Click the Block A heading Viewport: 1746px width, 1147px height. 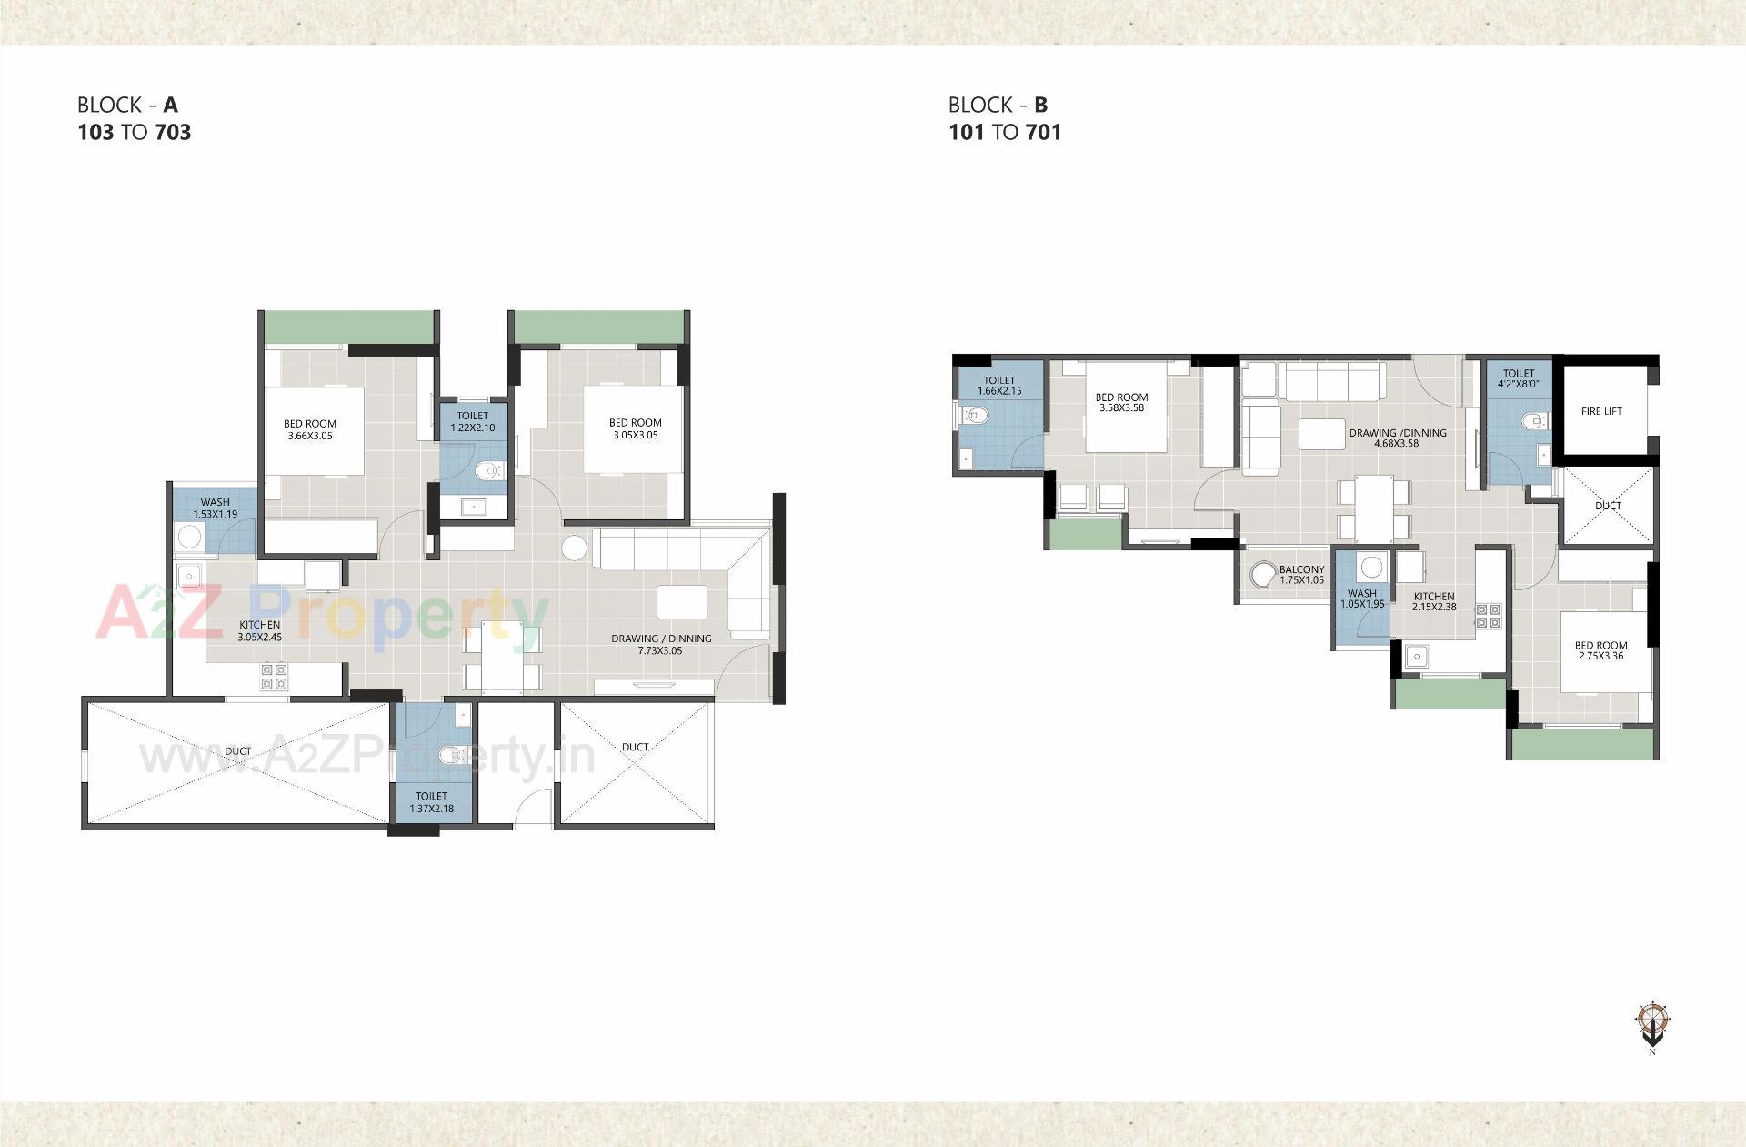tap(134, 119)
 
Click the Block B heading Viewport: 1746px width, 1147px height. tap(1004, 119)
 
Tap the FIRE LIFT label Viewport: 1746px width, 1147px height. tap(1600, 411)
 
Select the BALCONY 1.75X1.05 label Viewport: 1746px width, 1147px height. tap(1301, 575)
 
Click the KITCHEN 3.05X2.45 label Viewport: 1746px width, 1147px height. tap(260, 631)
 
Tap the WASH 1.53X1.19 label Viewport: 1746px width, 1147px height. tap(216, 508)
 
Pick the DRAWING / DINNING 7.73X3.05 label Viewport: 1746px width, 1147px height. tap(660, 644)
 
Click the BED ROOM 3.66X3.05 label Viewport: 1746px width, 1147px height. tap(310, 429)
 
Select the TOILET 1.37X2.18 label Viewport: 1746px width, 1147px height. tap(431, 802)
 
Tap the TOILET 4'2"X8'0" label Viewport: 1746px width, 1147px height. tap(1518, 378)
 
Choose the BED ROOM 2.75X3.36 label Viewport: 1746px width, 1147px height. tap(1600, 650)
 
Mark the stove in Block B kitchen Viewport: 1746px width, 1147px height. tap(1488, 616)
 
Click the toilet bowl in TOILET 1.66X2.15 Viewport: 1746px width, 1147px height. tap(974, 417)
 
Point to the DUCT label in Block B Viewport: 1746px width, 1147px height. tap(1608, 506)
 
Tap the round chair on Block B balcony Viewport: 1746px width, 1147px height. tap(1263, 575)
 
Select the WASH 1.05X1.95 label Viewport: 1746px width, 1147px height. tap(1361, 599)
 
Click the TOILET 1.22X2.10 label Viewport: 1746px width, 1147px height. tap(473, 421)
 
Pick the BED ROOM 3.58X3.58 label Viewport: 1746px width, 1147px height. tap(1121, 403)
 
